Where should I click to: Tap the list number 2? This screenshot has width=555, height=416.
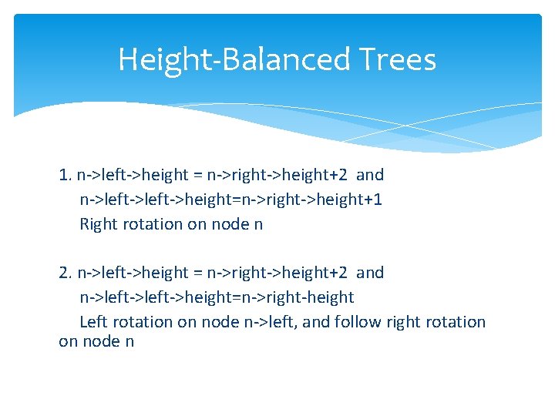click(x=64, y=273)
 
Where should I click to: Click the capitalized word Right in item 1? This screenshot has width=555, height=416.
click(x=98, y=224)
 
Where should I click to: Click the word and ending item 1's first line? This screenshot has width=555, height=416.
click(x=370, y=175)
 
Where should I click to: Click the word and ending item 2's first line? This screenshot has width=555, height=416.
click(x=370, y=273)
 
